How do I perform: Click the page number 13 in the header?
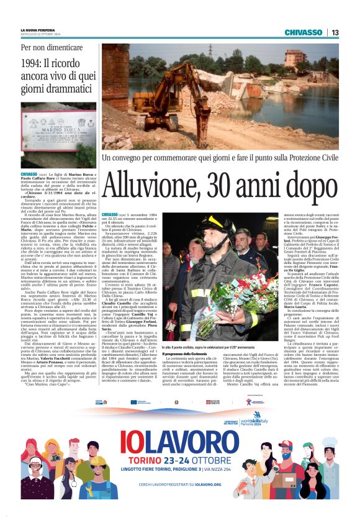[335, 32]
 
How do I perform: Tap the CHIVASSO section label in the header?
[304, 32]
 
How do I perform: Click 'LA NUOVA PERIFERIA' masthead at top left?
[41, 30]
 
